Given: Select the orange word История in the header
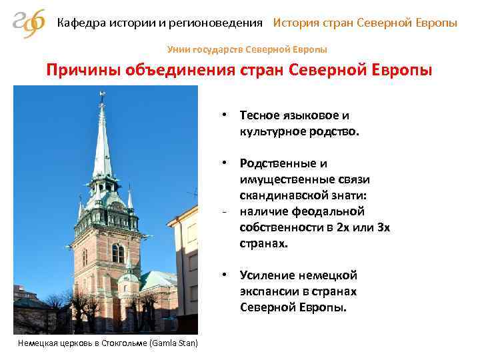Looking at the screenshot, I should click(295, 23).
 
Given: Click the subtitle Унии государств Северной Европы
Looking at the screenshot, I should click(247, 49).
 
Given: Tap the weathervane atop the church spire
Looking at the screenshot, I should click(102, 97).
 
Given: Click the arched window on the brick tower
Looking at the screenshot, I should click(118, 253).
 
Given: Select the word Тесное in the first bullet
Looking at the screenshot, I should click(263, 115).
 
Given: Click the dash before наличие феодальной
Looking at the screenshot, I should click(227, 212).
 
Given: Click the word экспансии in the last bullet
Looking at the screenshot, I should click(270, 292).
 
